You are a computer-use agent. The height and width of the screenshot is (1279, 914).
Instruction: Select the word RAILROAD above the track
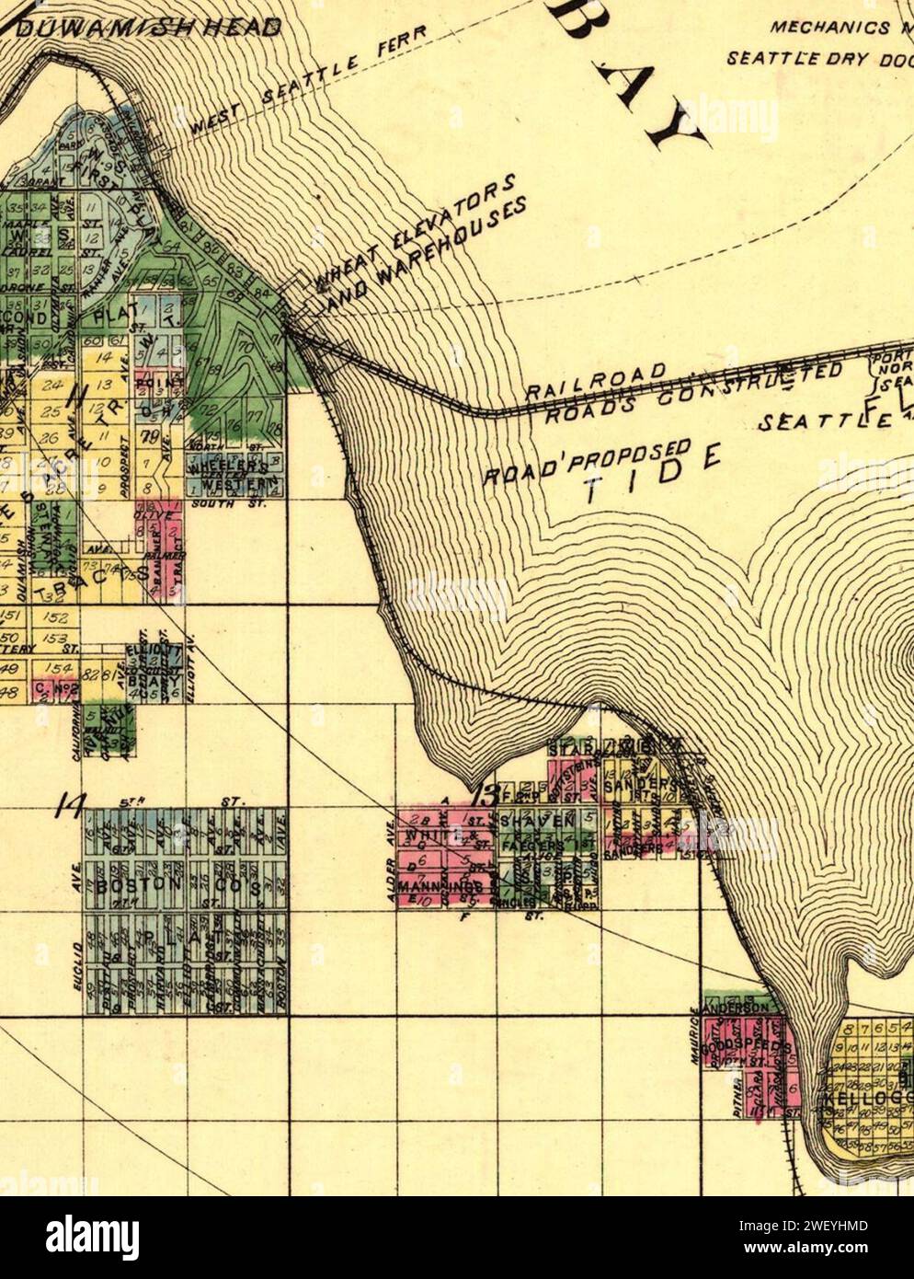595,379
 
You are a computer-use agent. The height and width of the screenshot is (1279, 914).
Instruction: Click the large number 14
67,806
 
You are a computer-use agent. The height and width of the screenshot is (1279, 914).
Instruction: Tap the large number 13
484,793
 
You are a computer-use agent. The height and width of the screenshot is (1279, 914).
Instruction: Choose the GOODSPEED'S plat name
745,1049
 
